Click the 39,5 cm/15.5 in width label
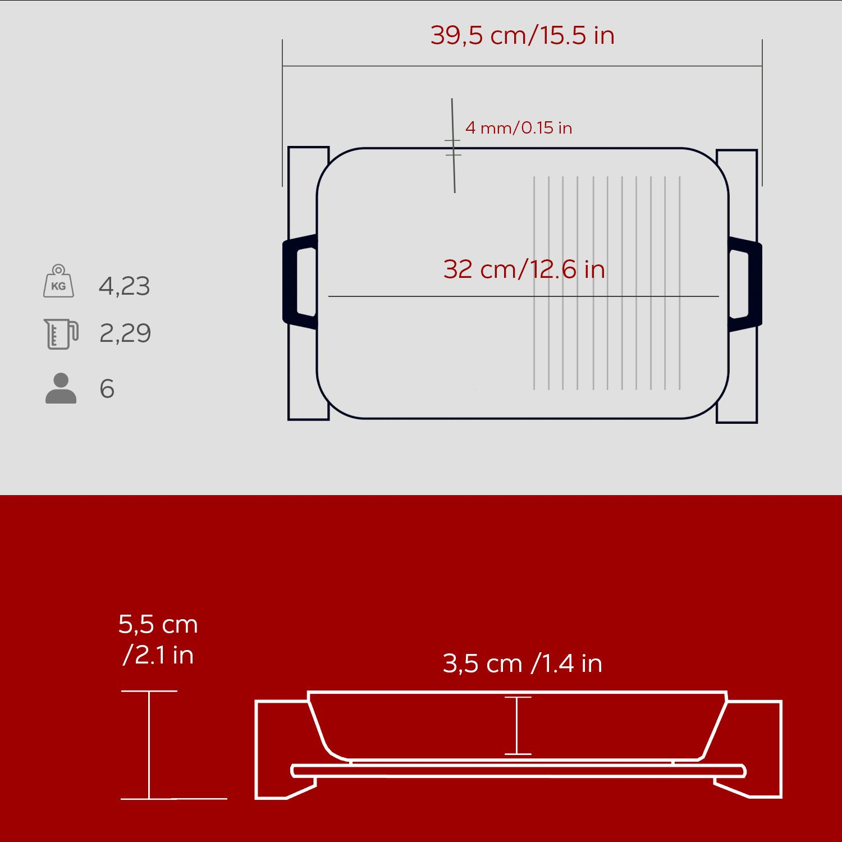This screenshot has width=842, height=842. [522, 35]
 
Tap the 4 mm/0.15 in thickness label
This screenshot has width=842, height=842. [519, 128]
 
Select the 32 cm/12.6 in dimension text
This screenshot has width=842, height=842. [524, 269]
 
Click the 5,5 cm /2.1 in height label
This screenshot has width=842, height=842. [158, 639]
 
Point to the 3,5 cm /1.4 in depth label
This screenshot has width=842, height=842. [522, 663]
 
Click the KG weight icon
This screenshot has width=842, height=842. [58, 281]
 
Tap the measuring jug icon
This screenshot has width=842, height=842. [61, 333]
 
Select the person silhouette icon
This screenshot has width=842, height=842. [61, 388]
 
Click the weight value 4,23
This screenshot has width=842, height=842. [125, 286]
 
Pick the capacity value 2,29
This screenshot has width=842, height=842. [125, 333]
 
